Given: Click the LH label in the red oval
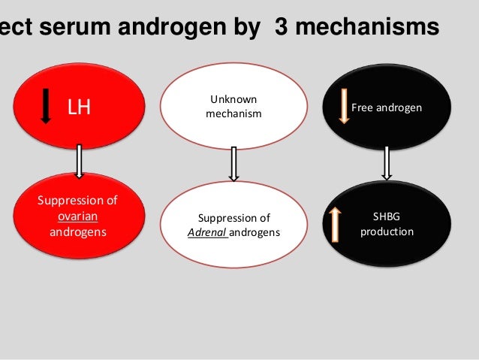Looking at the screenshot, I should point(79,108).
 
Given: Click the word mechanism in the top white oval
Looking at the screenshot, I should point(233,113).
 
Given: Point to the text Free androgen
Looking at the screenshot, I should point(387,109).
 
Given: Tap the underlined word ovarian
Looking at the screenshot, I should point(78,216).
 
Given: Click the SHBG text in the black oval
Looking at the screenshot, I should point(387,217).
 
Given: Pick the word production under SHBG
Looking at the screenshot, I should point(387,231).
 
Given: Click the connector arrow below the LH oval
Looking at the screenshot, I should point(78,161).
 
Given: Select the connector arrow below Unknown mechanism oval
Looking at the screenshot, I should point(233,164).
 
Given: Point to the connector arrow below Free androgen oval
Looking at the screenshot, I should point(387,163).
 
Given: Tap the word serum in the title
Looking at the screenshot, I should point(76,27).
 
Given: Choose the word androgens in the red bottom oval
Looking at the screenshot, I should point(78,231).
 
